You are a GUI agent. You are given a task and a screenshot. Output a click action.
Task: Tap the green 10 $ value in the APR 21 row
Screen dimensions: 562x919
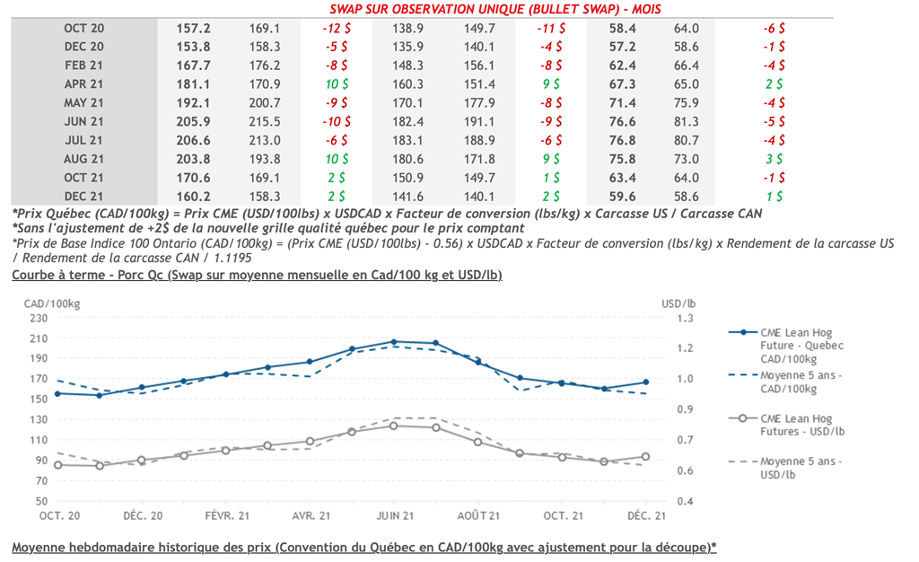pos(336,84)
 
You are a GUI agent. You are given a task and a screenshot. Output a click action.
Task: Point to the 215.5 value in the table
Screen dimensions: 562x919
pos(265,122)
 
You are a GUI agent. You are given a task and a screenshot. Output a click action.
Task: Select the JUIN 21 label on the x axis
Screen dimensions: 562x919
pos(394,515)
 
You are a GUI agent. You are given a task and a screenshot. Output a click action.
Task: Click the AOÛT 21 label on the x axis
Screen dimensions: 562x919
pos(477,515)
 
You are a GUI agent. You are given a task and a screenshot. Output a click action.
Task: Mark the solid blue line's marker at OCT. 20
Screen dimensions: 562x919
pos(57,393)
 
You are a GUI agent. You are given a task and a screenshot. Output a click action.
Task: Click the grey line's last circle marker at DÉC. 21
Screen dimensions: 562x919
pos(646,457)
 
